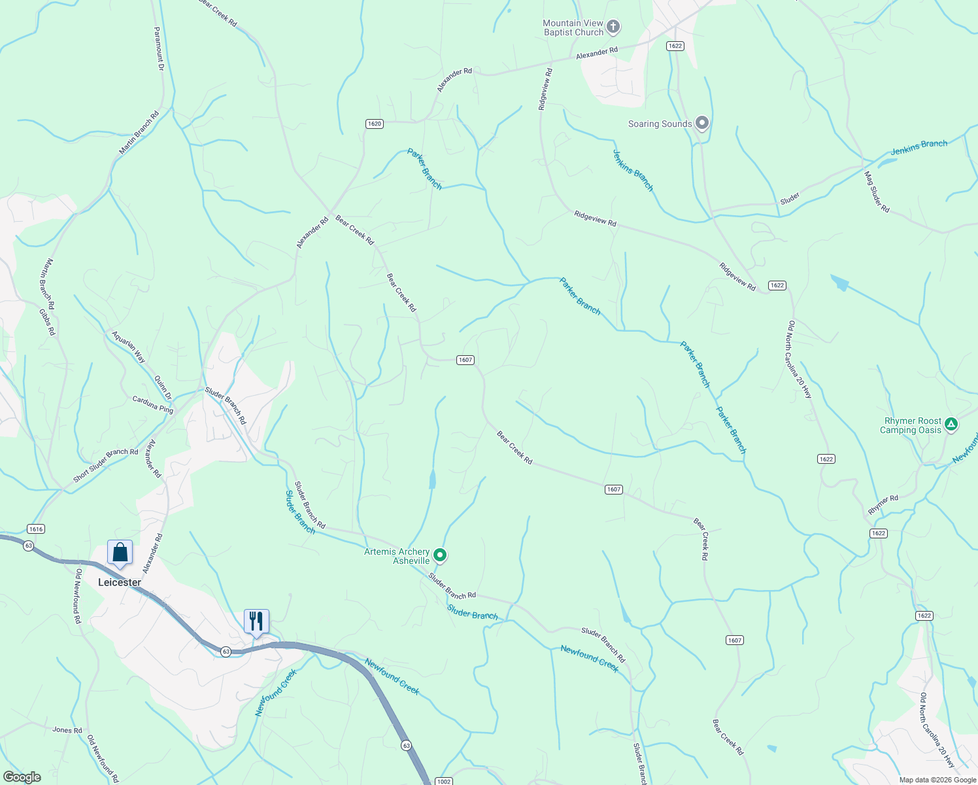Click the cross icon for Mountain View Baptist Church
(x=613, y=27)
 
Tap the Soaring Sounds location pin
(x=701, y=123)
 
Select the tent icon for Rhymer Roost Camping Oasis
(x=951, y=425)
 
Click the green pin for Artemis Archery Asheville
(x=441, y=555)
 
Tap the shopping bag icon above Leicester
(x=120, y=553)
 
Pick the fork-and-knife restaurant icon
(x=256, y=621)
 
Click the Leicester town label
(x=120, y=582)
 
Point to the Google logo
(x=22, y=777)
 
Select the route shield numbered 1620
(x=374, y=124)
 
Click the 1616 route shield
(x=36, y=529)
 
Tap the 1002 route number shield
(x=443, y=781)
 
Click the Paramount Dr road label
(x=158, y=44)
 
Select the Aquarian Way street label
(x=129, y=347)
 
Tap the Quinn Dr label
(x=163, y=387)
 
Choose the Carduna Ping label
(x=153, y=405)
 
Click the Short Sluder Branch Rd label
(x=106, y=465)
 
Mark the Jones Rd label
(x=67, y=730)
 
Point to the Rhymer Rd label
(x=883, y=504)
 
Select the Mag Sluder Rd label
(x=877, y=192)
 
